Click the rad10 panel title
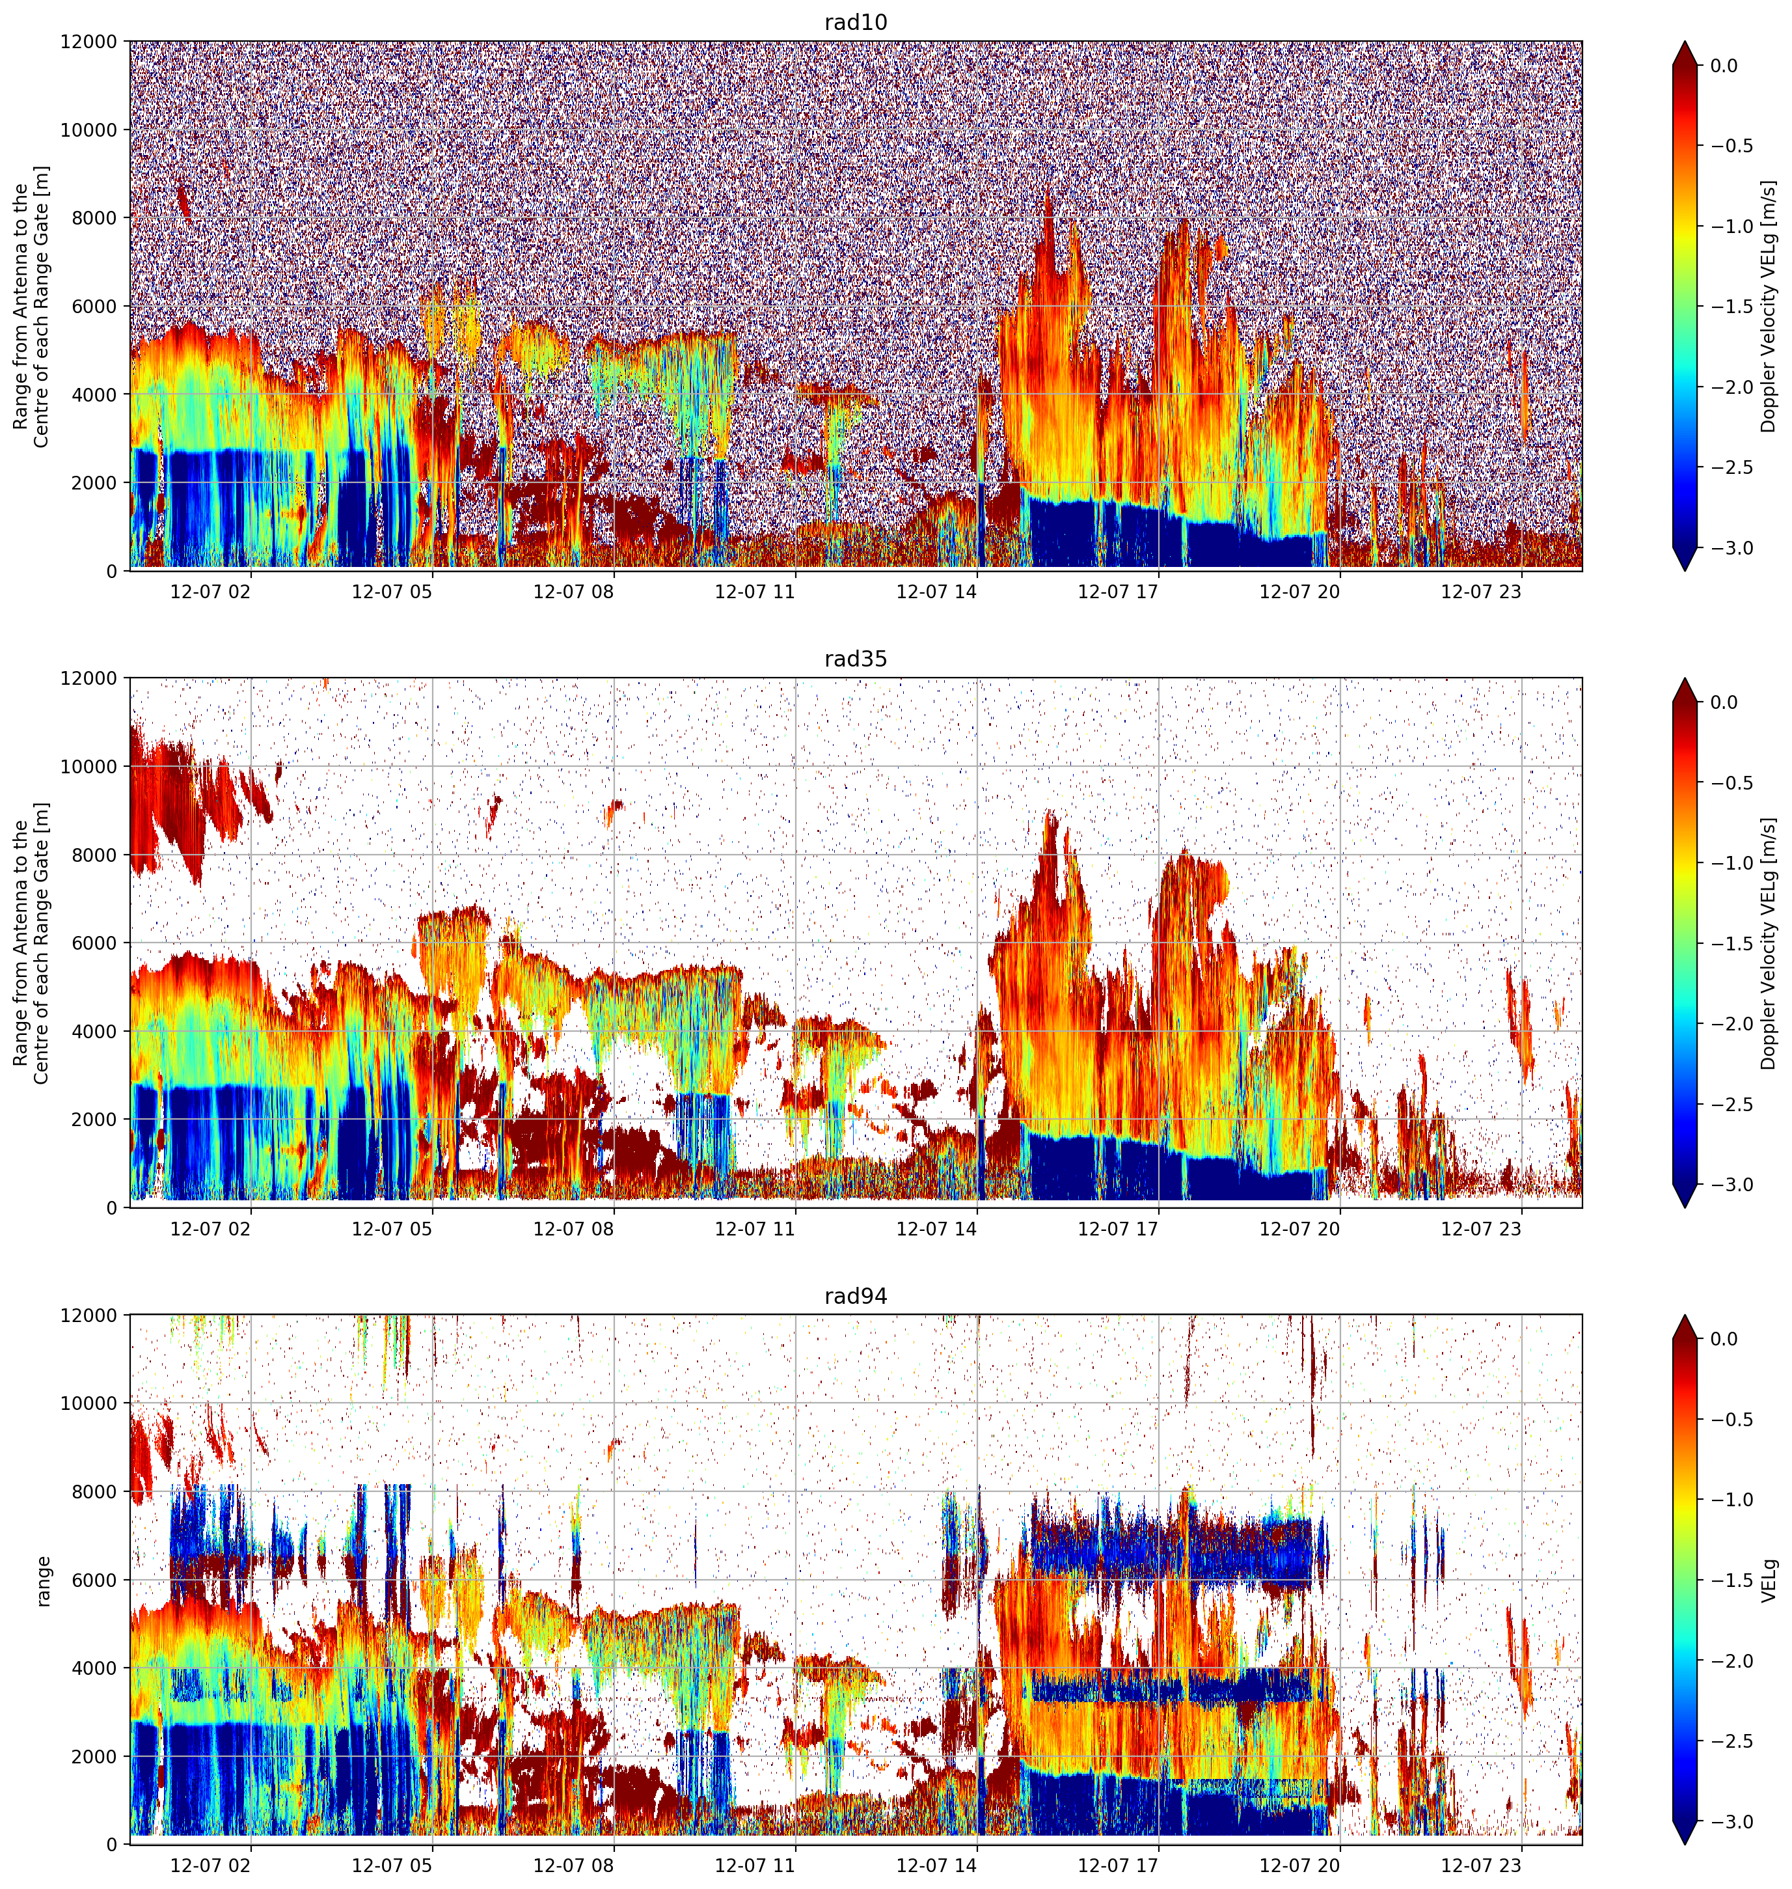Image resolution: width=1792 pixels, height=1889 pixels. (x=855, y=22)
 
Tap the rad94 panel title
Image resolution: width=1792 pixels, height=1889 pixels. (x=855, y=1295)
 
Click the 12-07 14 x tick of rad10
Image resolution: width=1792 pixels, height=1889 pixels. (x=936, y=592)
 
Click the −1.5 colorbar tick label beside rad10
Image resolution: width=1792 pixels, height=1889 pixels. (x=1731, y=306)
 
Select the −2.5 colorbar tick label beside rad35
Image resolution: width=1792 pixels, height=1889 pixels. (x=1731, y=1103)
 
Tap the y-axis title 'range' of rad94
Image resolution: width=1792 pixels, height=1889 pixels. (x=42, y=1580)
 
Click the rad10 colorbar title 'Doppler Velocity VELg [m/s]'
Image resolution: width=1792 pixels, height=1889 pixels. (x=1769, y=306)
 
